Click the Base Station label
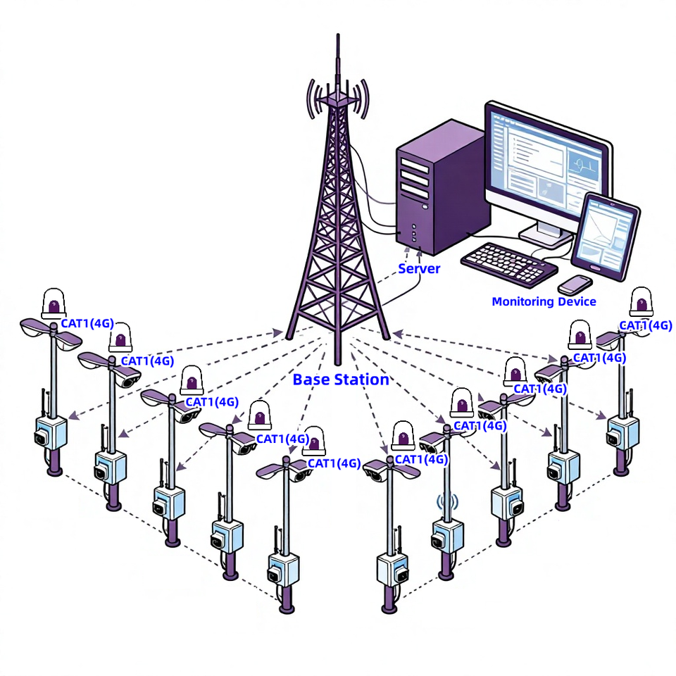(x=341, y=380)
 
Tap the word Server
(x=418, y=268)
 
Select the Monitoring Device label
(x=544, y=301)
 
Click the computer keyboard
(x=509, y=264)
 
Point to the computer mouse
(x=575, y=285)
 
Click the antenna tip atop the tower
(x=338, y=35)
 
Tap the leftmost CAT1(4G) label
(x=87, y=323)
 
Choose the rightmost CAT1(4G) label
(x=646, y=325)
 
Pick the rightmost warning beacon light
(x=641, y=302)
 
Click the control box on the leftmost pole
(x=51, y=432)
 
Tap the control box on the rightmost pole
(x=623, y=431)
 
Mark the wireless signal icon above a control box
(x=448, y=501)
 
